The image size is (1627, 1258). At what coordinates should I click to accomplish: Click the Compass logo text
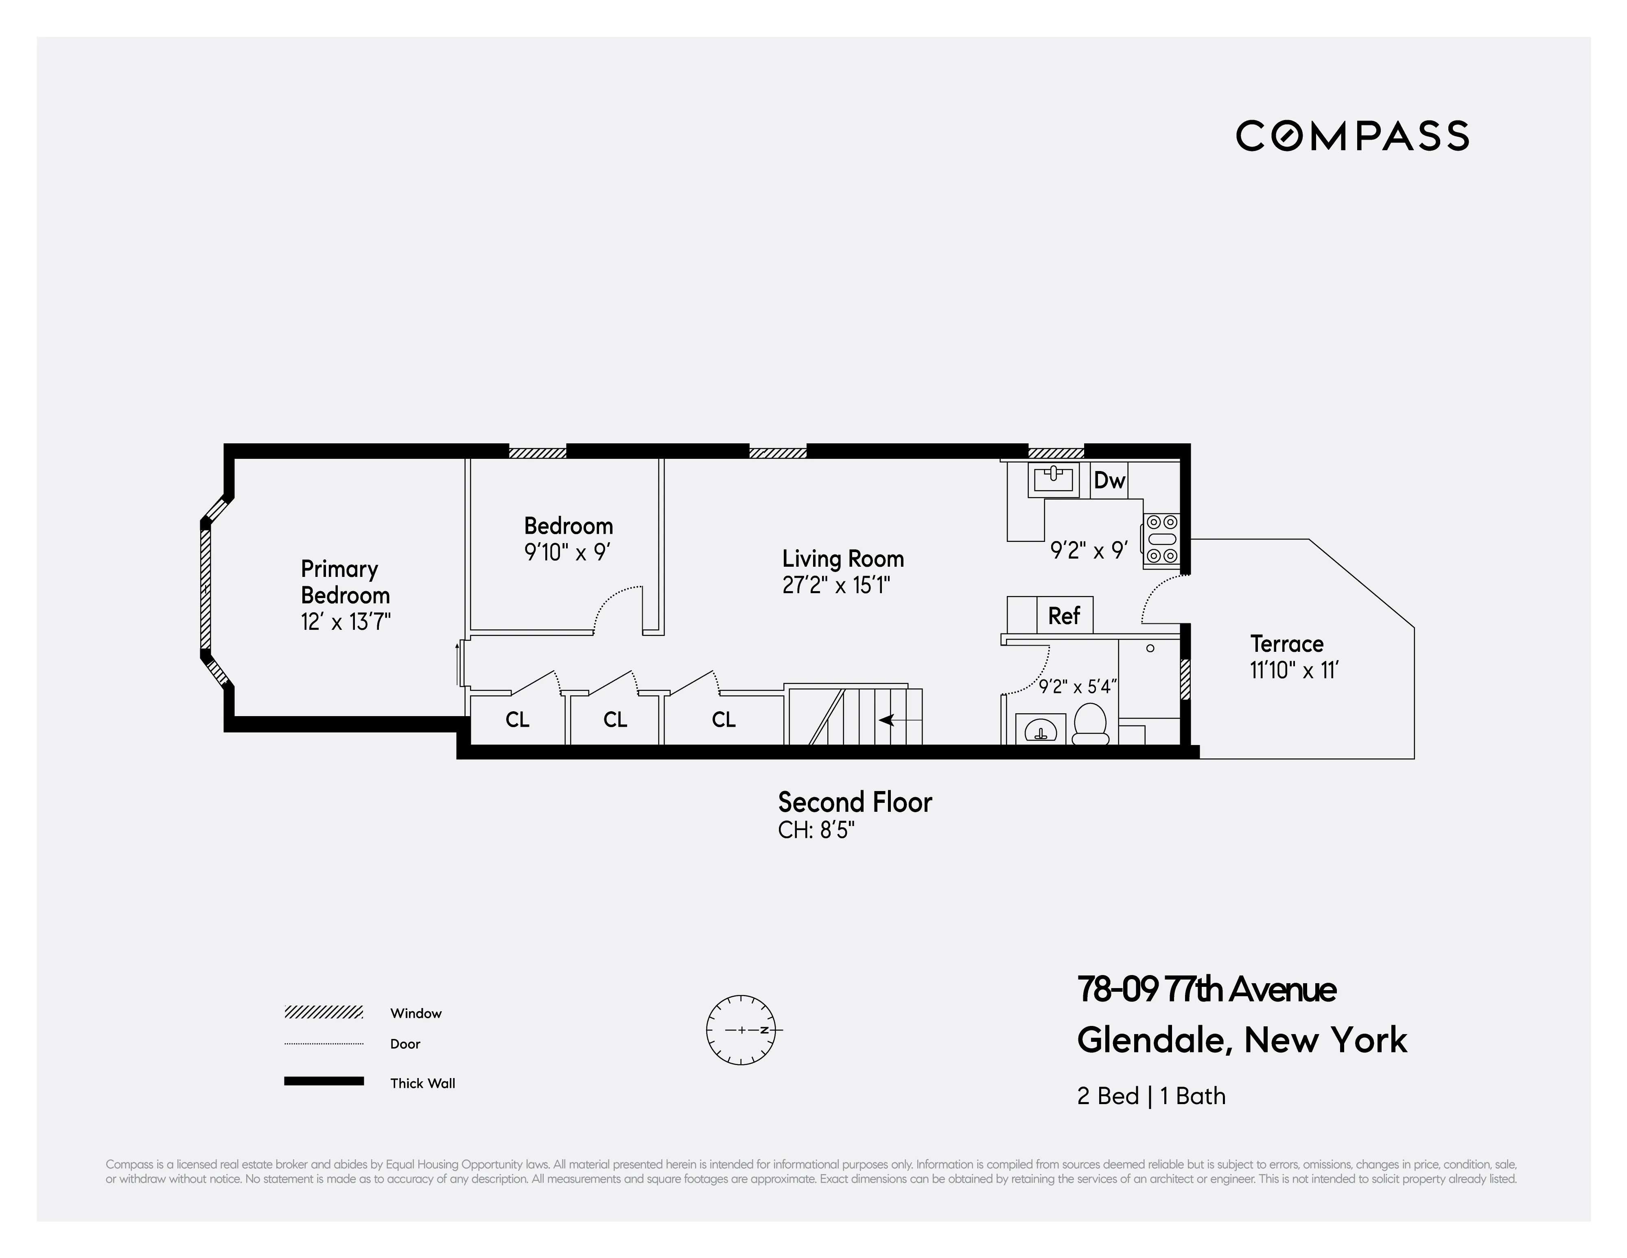pos(1352,136)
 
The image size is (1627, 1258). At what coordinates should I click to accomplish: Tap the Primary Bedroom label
pos(345,582)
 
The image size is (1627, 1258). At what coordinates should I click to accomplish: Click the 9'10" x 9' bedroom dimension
pos(568,552)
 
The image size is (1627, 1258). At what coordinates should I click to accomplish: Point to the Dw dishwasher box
pos(1109,481)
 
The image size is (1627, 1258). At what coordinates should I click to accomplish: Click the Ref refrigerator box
pos(1064,616)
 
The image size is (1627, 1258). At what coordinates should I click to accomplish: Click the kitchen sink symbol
pos(1053,479)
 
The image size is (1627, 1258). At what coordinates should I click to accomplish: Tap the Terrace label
pos(1286,644)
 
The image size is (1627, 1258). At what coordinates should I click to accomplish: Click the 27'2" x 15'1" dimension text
pos(836,586)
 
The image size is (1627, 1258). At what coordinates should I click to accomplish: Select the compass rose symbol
pos(741,1030)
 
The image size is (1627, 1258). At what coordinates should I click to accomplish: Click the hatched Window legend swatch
pos(323,1012)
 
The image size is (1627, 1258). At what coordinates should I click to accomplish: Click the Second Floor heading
pos(855,803)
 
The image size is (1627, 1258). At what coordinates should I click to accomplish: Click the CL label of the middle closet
pos(615,720)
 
